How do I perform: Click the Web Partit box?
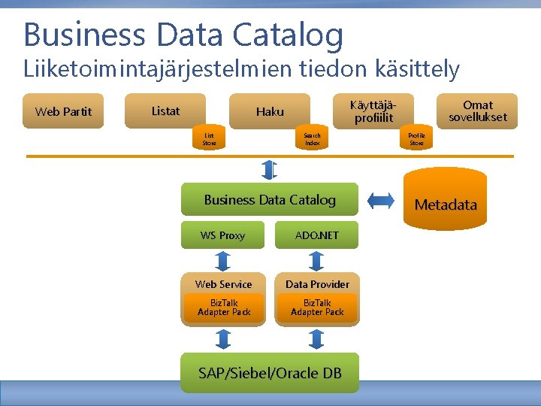(63, 112)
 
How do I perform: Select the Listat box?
(165, 111)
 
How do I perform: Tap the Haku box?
(270, 111)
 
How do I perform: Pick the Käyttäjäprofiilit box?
(373, 111)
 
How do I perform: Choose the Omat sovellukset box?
(478, 111)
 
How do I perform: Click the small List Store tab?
(209, 138)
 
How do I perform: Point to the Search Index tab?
(312, 138)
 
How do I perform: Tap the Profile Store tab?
(416, 138)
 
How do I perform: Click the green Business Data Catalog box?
(270, 200)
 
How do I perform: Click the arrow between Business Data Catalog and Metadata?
(382, 200)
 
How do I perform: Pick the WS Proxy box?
(222, 235)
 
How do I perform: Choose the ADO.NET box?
(316, 235)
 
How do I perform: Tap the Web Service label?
(223, 283)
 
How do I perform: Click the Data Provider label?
(317, 283)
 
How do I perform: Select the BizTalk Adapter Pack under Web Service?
(224, 308)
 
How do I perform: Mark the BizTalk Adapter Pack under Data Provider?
(317, 308)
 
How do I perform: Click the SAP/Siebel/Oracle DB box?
(270, 373)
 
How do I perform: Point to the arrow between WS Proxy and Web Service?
(223, 261)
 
